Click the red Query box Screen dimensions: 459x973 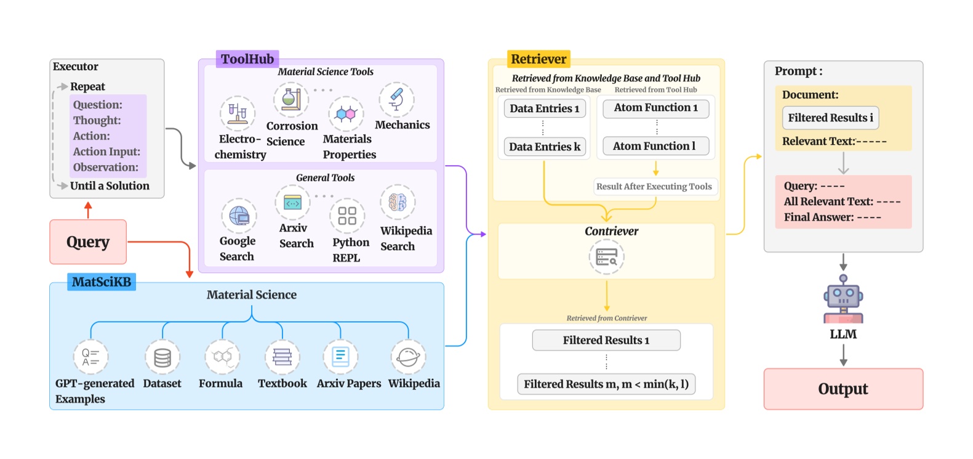pyautogui.click(x=88, y=242)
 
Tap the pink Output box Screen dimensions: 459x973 pyautogui.click(x=843, y=389)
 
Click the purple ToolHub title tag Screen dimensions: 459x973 pyautogui.click(x=247, y=59)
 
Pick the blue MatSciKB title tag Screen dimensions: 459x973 pyautogui.click(x=102, y=282)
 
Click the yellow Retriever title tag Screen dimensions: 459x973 pyautogui.click(x=539, y=59)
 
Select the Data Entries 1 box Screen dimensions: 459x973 pyautogui.click(x=544, y=108)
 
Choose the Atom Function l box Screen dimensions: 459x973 pyautogui.click(x=655, y=146)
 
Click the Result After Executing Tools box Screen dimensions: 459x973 pyautogui.click(x=654, y=187)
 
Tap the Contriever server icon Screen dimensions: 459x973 pyautogui.click(x=607, y=257)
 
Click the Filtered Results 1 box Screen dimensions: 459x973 pyautogui.click(x=606, y=340)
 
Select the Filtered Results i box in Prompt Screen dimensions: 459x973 pyautogui.click(x=830, y=118)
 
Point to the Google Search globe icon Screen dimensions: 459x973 pyautogui.click(x=239, y=216)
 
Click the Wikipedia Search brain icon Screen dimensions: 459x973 pyautogui.click(x=398, y=202)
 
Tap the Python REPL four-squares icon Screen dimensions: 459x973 pyautogui.click(x=347, y=216)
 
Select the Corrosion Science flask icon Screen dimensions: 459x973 pyautogui.click(x=291, y=99)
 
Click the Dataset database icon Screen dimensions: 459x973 pyautogui.click(x=162, y=357)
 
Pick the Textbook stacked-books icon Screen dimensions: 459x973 pyautogui.click(x=282, y=357)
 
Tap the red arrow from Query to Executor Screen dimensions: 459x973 pyautogui.click(x=88, y=210)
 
